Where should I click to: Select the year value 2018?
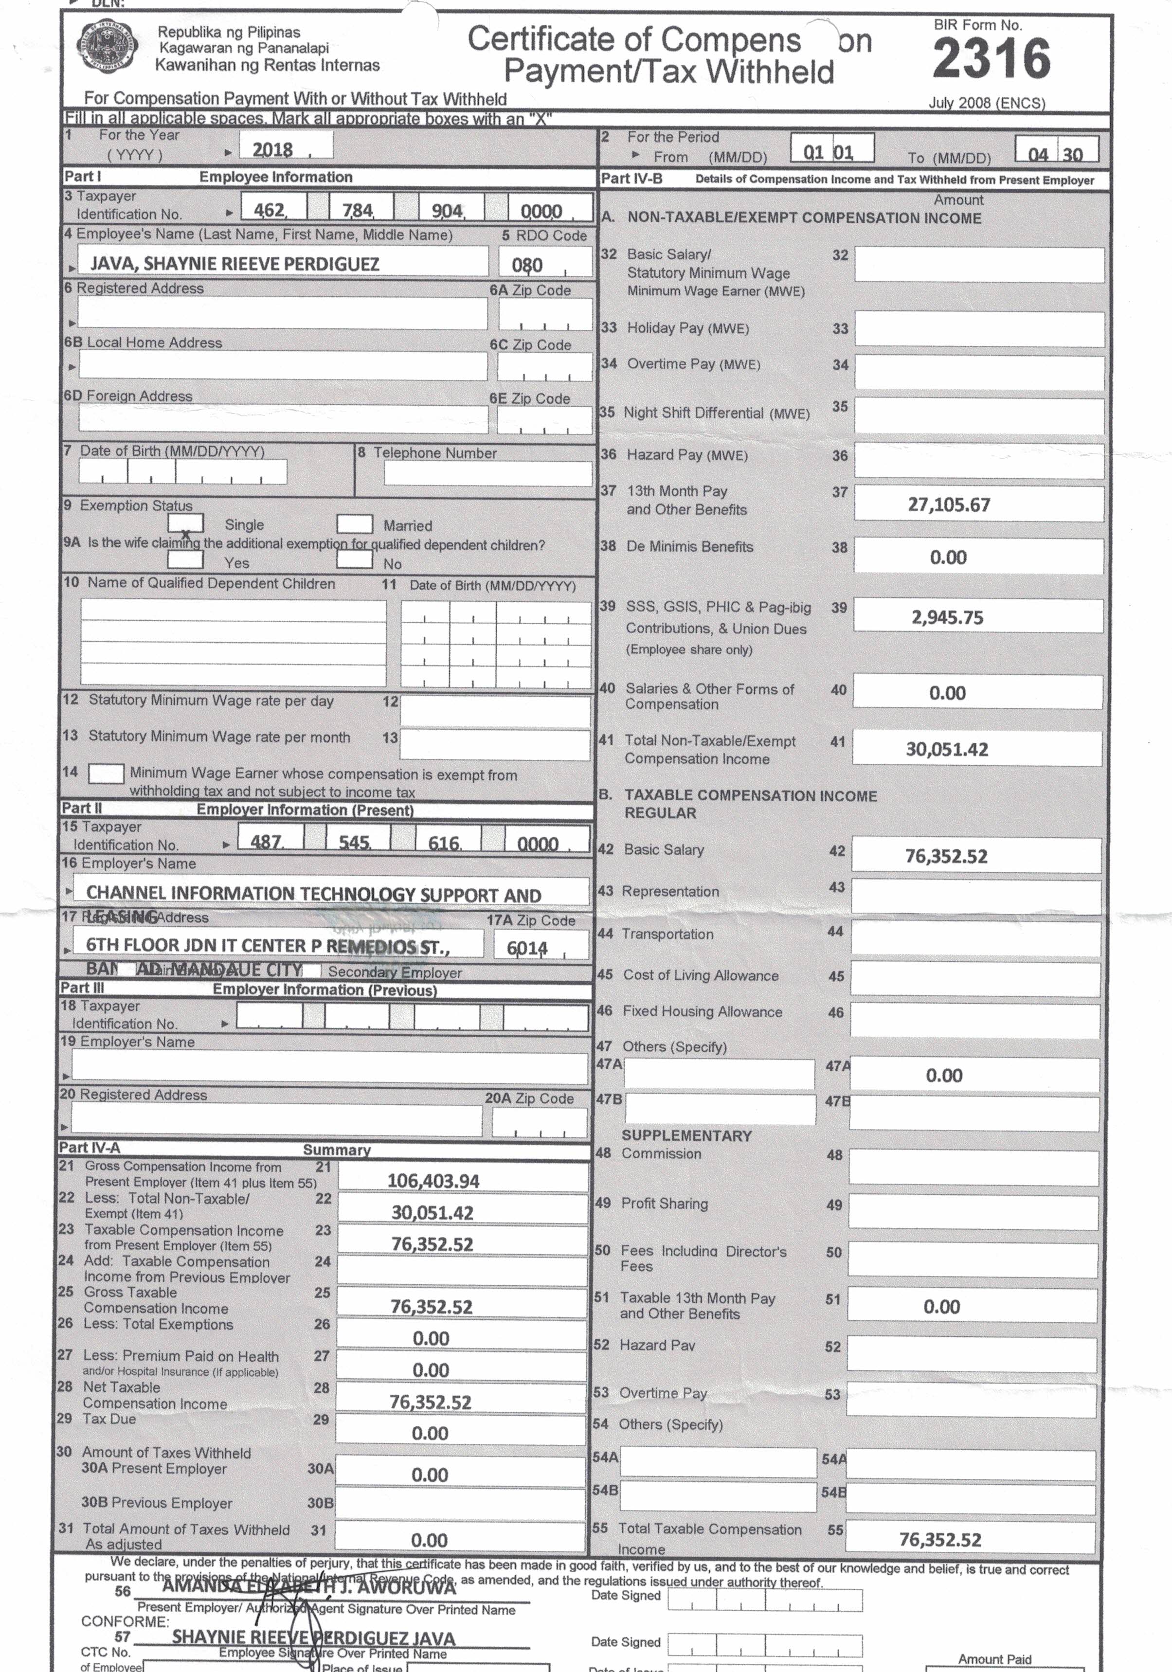pyautogui.click(x=272, y=149)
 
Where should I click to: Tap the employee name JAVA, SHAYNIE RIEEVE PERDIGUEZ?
pyautogui.click(x=234, y=264)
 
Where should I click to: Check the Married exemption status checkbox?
pyautogui.click(x=355, y=523)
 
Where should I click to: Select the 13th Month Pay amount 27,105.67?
pyautogui.click(x=948, y=504)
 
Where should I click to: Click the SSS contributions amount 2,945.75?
pyautogui.click(x=947, y=617)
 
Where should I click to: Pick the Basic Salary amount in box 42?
pyautogui.click(x=946, y=856)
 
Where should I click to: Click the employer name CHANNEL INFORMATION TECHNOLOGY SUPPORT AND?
pyautogui.click(x=313, y=894)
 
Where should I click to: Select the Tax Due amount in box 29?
pyautogui.click(x=430, y=1433)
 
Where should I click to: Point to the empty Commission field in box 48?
pyautogui.click(x=973, y=1168)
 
